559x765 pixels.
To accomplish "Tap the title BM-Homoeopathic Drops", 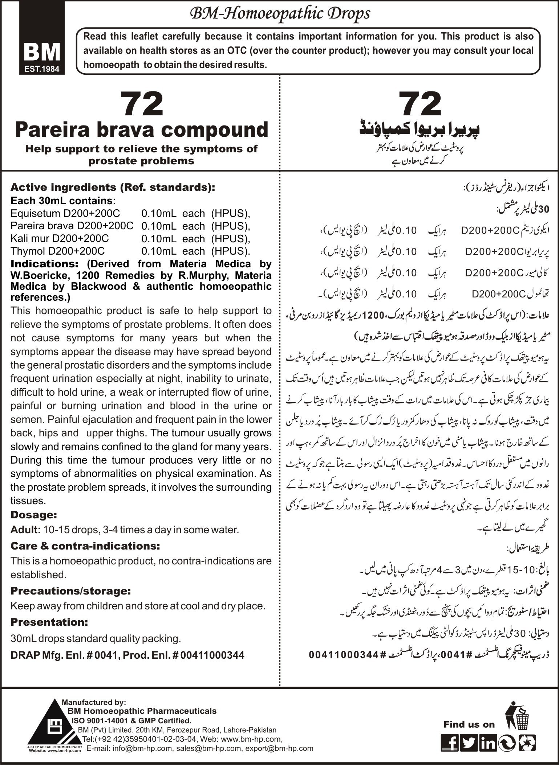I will point(279,14).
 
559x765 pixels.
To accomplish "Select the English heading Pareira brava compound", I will point(142,130).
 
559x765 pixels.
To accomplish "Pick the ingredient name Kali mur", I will point(28,238).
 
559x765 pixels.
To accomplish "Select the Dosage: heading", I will point(34,515).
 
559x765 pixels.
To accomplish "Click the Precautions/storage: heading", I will point(70,591).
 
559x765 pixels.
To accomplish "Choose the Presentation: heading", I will point(49,622).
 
